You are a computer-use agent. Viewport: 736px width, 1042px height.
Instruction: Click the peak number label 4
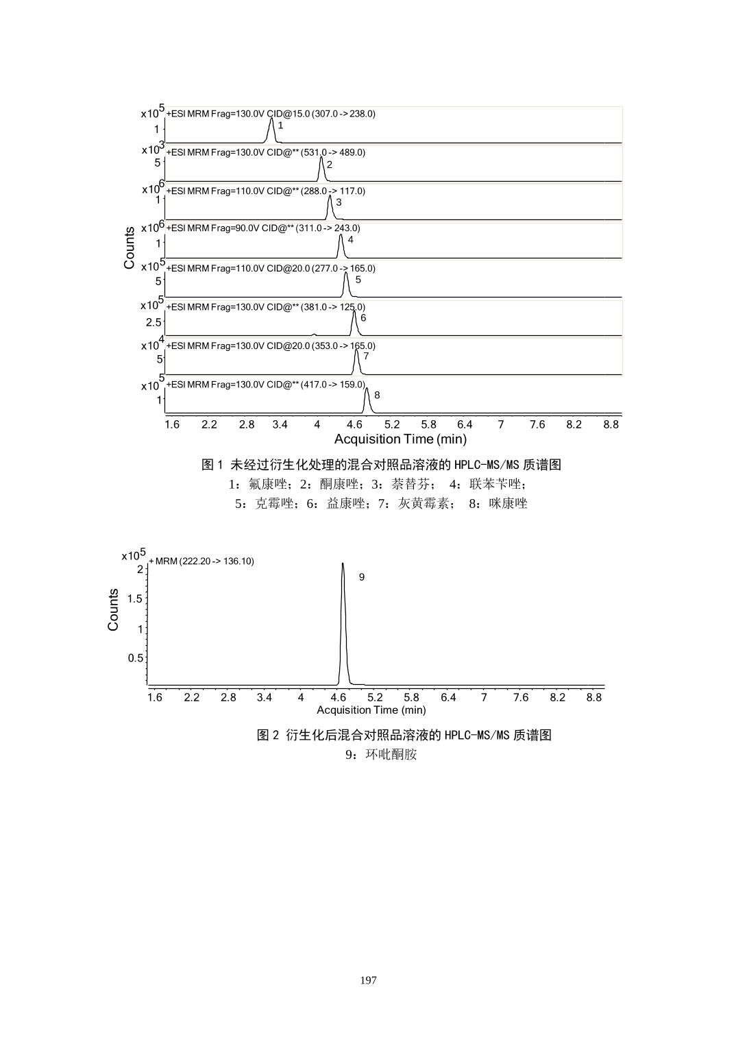click(350, 240)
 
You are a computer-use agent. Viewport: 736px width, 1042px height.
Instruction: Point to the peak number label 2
click(330, 165)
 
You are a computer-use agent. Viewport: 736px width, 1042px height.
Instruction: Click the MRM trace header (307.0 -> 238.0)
click(271, 114)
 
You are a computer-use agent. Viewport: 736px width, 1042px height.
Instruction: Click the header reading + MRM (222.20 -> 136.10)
click(201, 561)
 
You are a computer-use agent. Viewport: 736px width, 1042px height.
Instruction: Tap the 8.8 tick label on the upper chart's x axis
click(611, 424)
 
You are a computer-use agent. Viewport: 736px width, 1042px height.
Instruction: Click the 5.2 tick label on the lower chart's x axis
click(375, 697)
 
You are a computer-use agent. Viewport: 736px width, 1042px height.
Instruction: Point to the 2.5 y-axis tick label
click(154, 322)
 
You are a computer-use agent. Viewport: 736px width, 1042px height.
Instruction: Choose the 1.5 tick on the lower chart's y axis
click(135, 598)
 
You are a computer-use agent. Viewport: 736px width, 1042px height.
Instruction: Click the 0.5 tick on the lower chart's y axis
click(135, 658)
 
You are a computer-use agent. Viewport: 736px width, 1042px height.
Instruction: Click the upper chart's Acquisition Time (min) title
click(400, 439)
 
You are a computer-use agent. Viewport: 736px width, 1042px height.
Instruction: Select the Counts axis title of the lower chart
click(113, 609)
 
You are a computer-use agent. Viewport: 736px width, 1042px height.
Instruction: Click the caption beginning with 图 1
click(381, 465)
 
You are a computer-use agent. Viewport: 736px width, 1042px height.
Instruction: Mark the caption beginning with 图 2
click(404, 735)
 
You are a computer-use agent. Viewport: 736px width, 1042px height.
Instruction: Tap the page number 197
click(368, 980)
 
